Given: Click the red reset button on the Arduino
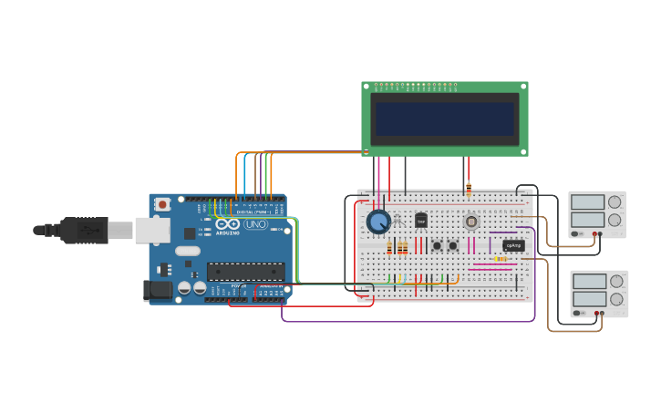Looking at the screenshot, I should [x=162, y=204].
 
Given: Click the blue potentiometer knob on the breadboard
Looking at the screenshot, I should [x=377, y=222].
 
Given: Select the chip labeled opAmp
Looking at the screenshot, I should [x=513, y=245].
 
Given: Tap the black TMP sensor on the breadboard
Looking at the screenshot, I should [x=421, y=220].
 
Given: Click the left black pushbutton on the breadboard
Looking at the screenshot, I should [x=437, y=245].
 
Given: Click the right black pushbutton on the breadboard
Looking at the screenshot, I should [x=453, y=245].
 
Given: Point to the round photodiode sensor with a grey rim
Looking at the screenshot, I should [x=471, y=222].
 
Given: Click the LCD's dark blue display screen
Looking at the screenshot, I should [x=445, y=119].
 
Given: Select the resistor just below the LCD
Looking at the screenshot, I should [x=469, y=190].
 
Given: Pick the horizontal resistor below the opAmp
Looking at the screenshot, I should [x=501, y=259].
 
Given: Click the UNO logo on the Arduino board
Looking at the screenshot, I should [x=255, y=224].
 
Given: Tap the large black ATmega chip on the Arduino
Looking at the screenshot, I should [x=245, y=271].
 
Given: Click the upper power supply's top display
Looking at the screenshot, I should [x=587, y=202].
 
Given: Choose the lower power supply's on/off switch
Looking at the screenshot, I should [x=578, y=314].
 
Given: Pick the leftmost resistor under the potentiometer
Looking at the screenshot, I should [x=390, y=247].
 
